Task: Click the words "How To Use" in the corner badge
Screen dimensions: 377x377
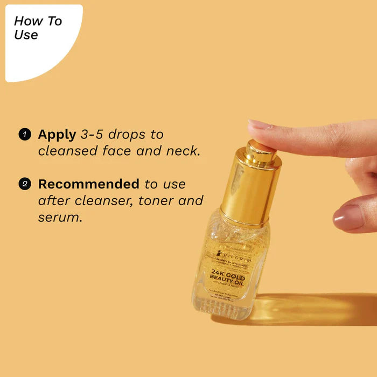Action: click(x=37, y=29)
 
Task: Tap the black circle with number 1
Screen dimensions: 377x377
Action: click(x=24, y=134)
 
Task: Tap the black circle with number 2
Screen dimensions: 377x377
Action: click(x=24, y=184)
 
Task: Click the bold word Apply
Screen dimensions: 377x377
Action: click(x=57, y=135)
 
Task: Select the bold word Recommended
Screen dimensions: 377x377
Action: click(x=88, y=184)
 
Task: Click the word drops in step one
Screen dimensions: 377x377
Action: click(x=130, y=134)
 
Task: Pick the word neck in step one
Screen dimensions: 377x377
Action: click(x=183, y=151)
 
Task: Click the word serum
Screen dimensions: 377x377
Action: click(x=60, y=218)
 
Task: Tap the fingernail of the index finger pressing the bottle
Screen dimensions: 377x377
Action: click(x=259, y=125)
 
